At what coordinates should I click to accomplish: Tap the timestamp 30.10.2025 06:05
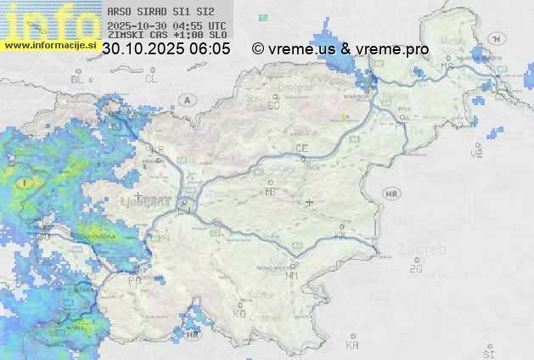166,49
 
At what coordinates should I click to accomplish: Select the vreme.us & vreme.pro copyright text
340,49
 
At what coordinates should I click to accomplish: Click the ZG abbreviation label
415,269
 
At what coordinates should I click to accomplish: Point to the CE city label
301,149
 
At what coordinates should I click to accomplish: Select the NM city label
292,275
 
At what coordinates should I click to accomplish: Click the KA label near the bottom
352,346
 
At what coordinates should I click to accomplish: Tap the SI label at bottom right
488,352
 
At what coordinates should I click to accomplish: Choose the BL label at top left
78,79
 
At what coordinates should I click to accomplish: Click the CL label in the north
151,79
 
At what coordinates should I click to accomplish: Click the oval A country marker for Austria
187,99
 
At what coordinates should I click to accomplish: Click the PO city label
134,280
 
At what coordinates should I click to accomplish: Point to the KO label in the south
239,313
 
